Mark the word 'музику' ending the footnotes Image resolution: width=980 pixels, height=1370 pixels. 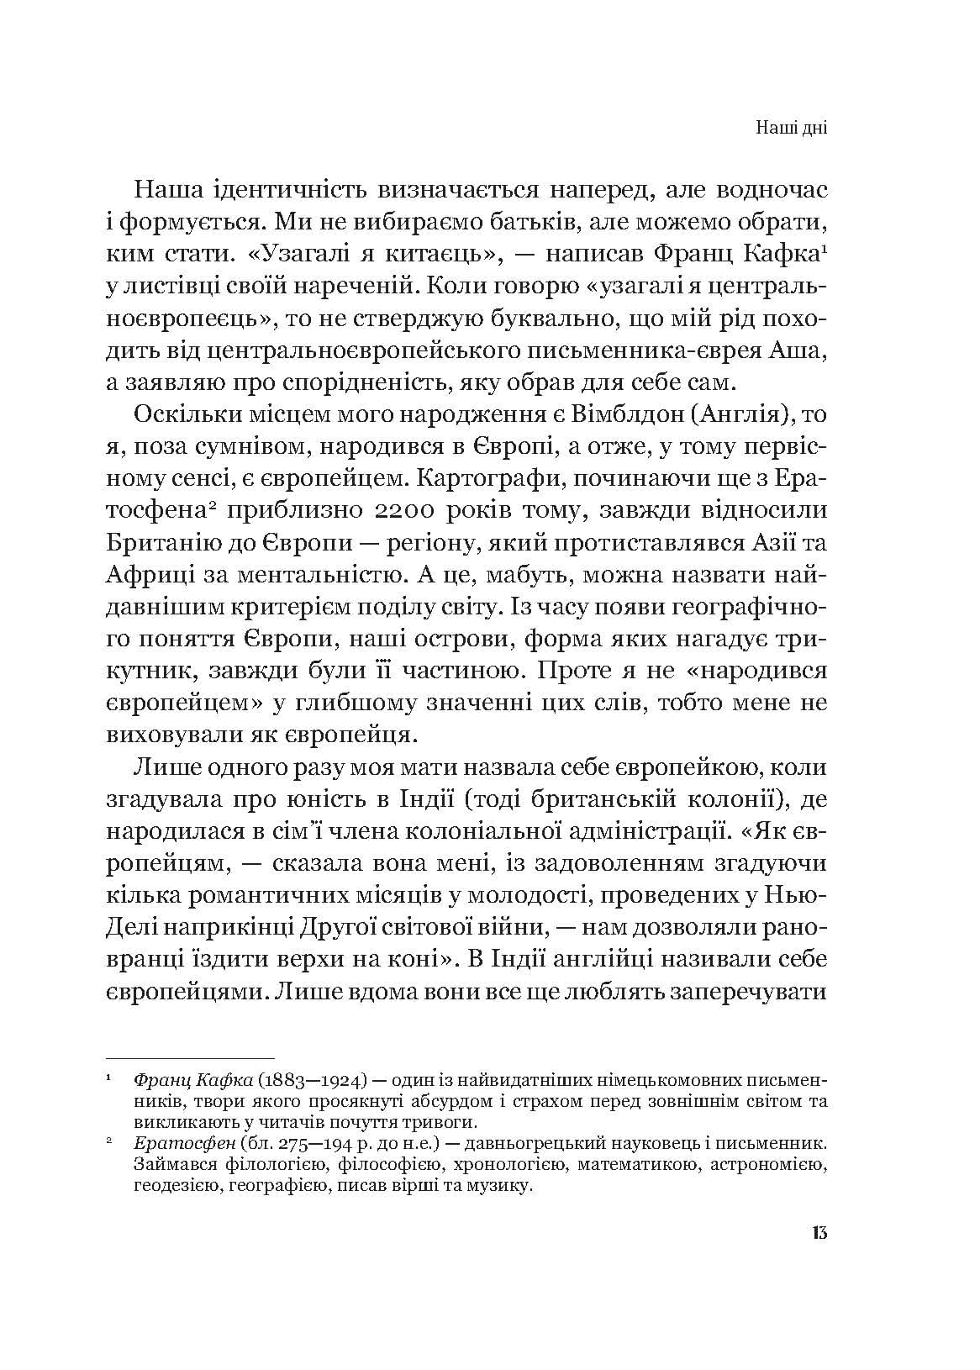pos(503,1187)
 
